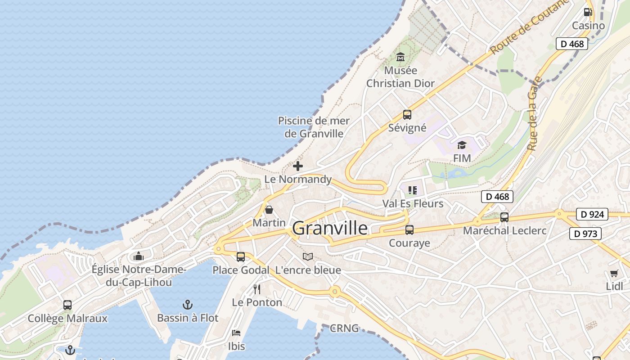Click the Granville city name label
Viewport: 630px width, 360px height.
[x=330, y=229]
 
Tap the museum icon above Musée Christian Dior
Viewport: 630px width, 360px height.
[x=400, y=57]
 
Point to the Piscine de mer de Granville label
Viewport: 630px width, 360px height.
[x=314, y=127]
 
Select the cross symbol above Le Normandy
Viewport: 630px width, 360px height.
[x=298, y=166]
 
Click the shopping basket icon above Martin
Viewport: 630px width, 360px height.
[x=269, y=210]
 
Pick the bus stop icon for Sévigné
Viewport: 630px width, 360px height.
[x=407, y=115]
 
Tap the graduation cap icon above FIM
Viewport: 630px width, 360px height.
[x=462, y=145]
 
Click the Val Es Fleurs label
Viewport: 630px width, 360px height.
[x=413, y=203]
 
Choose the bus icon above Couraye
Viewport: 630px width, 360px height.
[x=409, y=230]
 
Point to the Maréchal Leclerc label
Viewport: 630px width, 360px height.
[x=504, y=231]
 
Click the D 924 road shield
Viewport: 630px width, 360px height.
[x=592, y=214]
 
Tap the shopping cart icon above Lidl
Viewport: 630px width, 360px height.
[x=614, y=273]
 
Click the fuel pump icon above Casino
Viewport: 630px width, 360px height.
[x=588, y=12]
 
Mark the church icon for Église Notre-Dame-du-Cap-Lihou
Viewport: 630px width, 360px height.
[x=139, y=256]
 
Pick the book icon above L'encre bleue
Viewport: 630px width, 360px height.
[x=308, y=257]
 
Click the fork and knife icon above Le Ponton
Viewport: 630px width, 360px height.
[x=257, y=289]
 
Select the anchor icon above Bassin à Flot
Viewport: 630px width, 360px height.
[x=188, y=305]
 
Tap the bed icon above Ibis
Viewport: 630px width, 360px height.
[x=236, y=333]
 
